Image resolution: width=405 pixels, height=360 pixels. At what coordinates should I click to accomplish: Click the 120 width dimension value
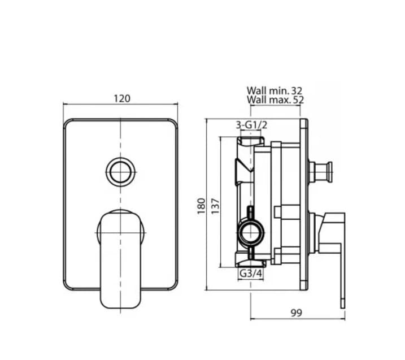point(121,98)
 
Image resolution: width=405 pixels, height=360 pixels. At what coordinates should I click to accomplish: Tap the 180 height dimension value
point(201,205)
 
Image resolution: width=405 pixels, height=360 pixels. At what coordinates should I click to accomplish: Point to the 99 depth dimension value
point(296,313)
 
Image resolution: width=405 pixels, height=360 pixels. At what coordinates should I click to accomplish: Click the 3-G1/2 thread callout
point(251,125)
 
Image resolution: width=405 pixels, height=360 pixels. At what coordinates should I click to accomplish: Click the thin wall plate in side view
point(304,204)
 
